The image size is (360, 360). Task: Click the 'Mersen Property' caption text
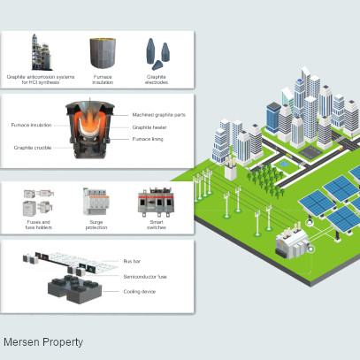point(43,342)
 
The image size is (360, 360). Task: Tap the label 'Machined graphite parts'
point(159,115)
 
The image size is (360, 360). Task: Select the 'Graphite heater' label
point(149,127)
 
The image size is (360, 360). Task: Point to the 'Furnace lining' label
point(148,139)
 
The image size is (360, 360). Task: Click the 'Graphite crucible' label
point(33,148)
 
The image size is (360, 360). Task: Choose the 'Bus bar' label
point(132,261)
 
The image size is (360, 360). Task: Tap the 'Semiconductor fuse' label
point(145,277)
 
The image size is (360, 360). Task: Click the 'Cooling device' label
point(140,292)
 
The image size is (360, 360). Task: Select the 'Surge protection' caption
point(96,225)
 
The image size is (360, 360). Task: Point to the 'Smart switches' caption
point(157,225)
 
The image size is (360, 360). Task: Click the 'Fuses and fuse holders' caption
point(39,225)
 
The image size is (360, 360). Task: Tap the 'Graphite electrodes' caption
point(157,80)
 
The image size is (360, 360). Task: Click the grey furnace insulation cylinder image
point(103,53)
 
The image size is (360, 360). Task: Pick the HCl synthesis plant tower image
point(42,52)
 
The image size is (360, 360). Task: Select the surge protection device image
point(96,202)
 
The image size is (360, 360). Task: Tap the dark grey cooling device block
point(75,289)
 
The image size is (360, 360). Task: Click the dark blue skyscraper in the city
point(273,118)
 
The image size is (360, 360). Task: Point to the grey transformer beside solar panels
point(292,245)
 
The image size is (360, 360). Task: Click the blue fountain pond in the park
point(284,164)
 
